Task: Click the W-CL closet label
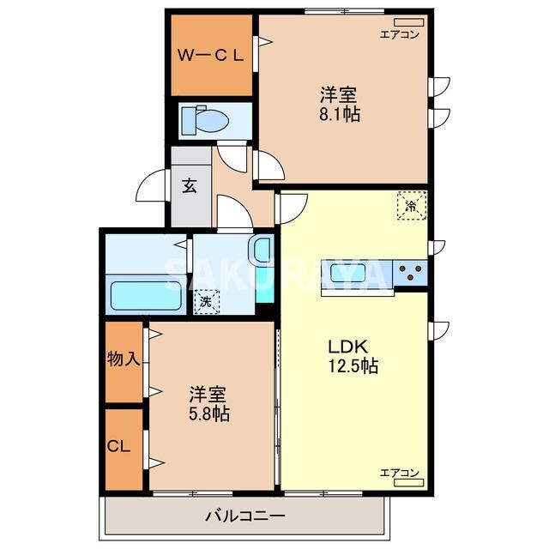(211, 55)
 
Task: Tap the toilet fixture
(203, 121)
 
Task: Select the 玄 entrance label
(190, 185)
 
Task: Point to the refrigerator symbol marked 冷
(410, 206)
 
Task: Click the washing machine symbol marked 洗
(206, 302)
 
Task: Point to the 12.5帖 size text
(352, 366)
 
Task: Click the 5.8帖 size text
(208, 414)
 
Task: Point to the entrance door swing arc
(149, 184)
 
